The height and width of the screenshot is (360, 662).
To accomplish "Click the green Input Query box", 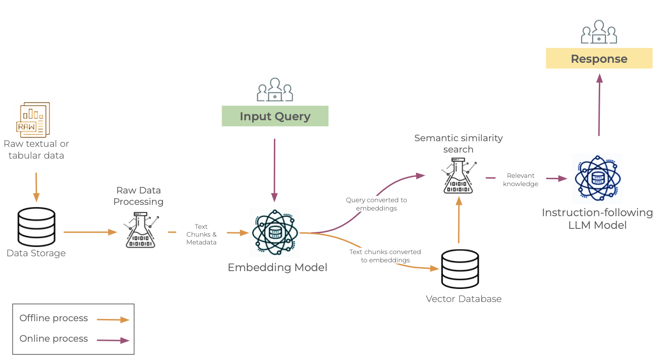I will [275, 116].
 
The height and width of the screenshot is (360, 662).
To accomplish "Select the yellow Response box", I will [599, 58].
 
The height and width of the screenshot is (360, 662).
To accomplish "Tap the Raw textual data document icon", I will [33, 120].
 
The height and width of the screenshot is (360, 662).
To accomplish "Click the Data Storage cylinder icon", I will [36, 227].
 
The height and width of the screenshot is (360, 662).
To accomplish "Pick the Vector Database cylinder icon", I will [460, 269].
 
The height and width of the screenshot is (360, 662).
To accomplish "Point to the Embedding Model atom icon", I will [275, 233].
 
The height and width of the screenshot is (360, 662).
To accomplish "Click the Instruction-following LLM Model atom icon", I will [598, 178].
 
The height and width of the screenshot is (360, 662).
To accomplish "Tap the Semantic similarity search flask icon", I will [459, 176].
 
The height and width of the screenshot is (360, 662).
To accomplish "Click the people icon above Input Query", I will [275, 90].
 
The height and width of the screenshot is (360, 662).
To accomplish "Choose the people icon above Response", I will [599, 32].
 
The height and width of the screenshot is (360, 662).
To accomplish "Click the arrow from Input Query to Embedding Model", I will [274, 170].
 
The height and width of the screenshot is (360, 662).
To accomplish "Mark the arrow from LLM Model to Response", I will [599, 105].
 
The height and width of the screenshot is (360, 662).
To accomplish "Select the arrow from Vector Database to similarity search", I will [459, 220].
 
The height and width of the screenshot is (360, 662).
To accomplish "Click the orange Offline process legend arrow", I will [113, 320].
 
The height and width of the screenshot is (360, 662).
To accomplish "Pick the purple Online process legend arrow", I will [113, 340].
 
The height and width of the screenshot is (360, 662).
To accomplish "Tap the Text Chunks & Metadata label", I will [201, 234].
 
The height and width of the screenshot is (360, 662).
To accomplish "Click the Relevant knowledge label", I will [520, 180].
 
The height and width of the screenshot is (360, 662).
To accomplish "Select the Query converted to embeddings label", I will [376, 204].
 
